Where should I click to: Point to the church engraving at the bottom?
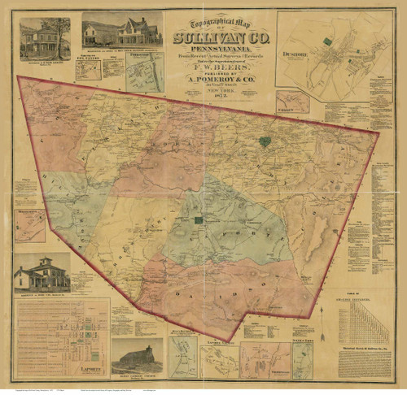[x=137, y=356]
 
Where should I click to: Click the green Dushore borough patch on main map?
[x=265, y=141]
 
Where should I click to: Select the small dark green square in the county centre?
[x=198, y=219]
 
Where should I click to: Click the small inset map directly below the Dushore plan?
[x=292, y=102]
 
